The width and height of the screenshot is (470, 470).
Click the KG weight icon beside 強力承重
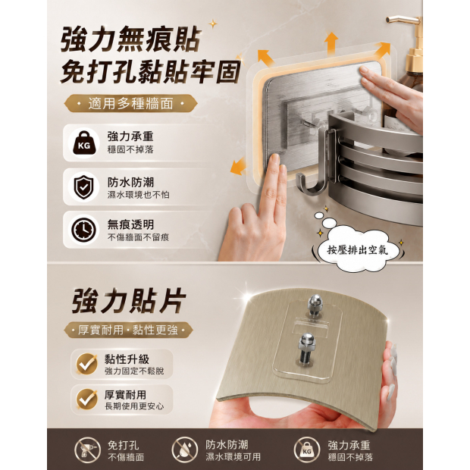click(84, 143)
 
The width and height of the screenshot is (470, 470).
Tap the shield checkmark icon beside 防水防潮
click(84, 187)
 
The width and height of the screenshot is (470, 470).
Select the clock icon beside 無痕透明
click(84, 230)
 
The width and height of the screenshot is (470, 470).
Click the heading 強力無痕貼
click(130, 39)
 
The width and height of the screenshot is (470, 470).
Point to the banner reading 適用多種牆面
click(130, 104)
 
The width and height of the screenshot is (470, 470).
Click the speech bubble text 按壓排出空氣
click(357, 249)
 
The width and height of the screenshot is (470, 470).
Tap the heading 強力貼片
click(128, 300)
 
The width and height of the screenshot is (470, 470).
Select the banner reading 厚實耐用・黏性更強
click(128, 330)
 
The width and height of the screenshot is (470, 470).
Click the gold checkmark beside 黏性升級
click(87, 364)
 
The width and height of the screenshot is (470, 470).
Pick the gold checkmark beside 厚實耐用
click(87, 399)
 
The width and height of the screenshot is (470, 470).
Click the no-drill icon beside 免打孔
click(88, 450)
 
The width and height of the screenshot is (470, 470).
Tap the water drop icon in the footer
click(185, 450)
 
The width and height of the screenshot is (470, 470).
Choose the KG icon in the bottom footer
click(307, 450)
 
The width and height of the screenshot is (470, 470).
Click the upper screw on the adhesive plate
click(314, 305)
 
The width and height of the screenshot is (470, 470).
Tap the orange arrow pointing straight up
click(331, 43)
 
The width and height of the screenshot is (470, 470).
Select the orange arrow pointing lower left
click(239, 167)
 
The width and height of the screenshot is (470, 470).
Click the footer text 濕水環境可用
click(233, 457)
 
